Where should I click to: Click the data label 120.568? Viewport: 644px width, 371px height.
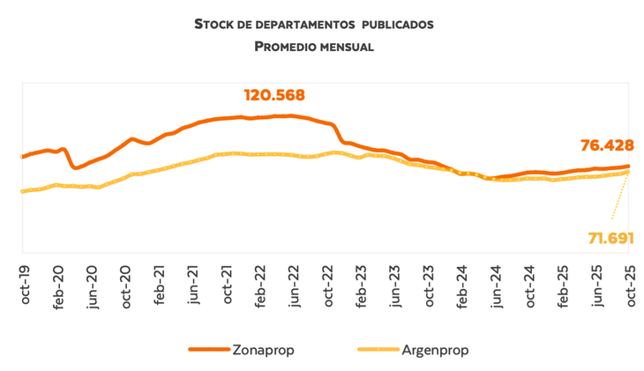point(279,95)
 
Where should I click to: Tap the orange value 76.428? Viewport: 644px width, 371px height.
point(607,146)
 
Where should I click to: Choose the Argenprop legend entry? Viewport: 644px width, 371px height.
point(436,350)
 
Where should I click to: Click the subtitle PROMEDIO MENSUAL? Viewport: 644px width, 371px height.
point(314,46)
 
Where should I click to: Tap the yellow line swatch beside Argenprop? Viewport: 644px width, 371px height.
point(378,350)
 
